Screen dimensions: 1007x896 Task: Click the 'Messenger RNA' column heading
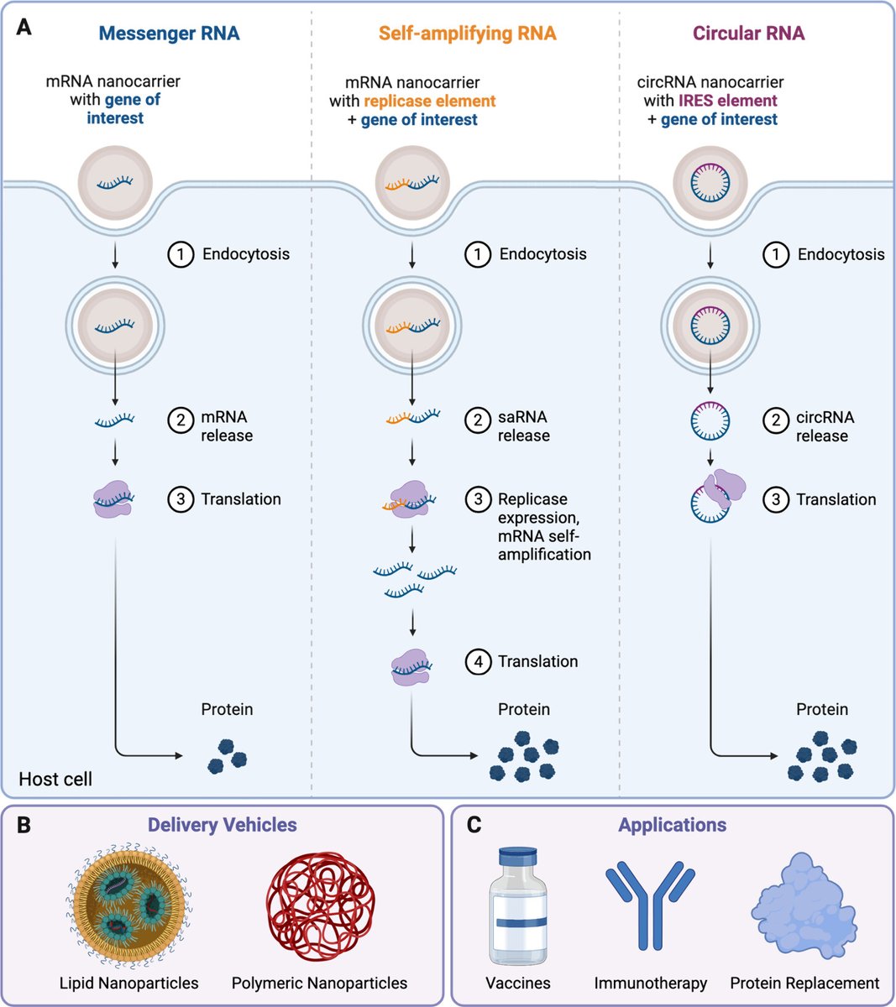tap(169, 34)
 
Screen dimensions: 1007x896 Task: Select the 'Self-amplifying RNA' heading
tap(467, 34)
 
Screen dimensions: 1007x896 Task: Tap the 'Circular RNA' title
tap(748, 34)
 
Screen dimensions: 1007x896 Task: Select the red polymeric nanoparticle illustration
tap(320, 908)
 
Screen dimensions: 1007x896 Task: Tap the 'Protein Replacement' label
tap(804, 983)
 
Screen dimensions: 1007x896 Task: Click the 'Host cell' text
tap(55, 779)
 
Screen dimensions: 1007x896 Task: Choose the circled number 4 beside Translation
tap(478, 661)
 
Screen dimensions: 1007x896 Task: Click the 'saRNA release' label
tap(523, 426)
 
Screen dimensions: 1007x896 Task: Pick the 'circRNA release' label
tap(825, 426)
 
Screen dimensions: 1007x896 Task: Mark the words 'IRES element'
tap(728, 101)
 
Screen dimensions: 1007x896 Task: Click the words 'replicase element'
tap(430, 101)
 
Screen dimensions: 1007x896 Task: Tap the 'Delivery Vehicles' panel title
tap(223, 825)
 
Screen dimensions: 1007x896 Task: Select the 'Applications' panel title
tap(673, 825)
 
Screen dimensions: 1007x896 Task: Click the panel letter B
tap(24, 825)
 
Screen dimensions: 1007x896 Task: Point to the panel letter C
tap(474, 825)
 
